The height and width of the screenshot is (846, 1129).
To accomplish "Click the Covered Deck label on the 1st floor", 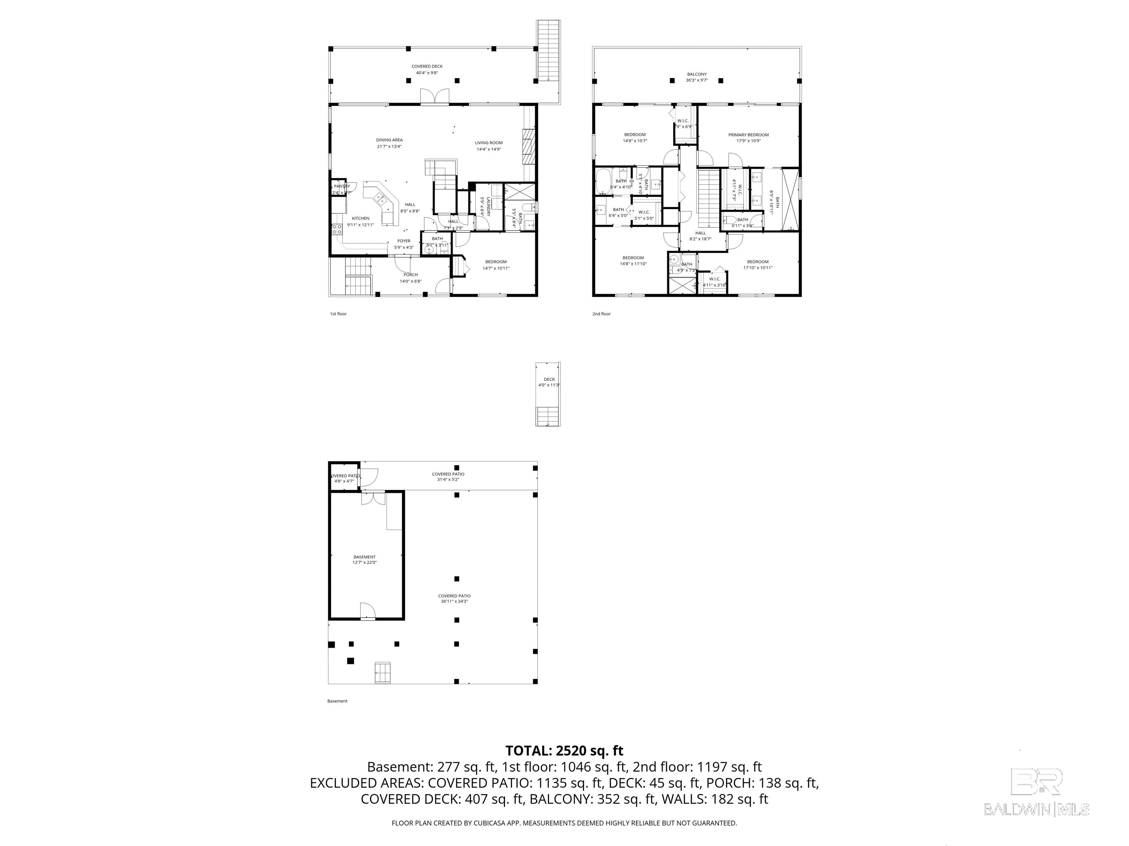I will point(427,66).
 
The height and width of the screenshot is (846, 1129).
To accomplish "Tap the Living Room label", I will point(488,143).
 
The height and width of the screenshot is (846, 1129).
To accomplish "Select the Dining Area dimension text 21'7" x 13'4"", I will point(389,147).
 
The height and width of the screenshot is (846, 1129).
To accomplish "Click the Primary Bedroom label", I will point(748,135).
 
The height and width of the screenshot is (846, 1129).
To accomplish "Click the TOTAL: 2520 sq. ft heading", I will point(564,751).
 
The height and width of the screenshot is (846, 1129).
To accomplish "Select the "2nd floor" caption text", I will point(601,314).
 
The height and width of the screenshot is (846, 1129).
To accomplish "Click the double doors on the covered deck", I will point(434,96).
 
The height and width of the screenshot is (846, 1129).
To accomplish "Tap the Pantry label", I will point(341,187).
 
